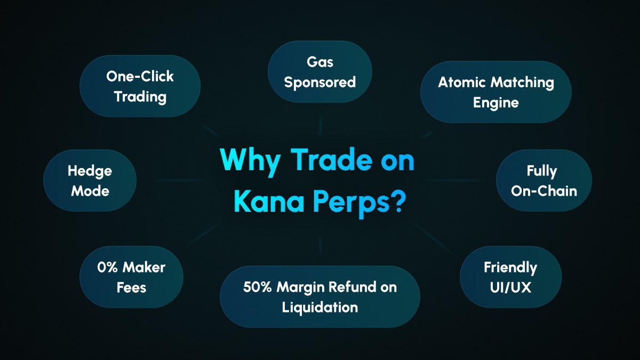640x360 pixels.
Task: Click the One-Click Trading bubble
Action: pyautogui.click(x=140, y=86)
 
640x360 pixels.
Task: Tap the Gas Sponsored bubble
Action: pyautogui.click(x=319, y=72)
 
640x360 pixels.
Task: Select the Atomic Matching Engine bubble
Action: pyautogui.click(x=495, y=92)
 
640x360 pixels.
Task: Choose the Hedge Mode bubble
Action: pyautogui.click(x=90, y=180)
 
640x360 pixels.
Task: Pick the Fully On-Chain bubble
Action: pyautogui.click(x=543, y=180)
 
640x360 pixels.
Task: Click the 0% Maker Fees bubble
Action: pyautogui.click(x=131, y=277)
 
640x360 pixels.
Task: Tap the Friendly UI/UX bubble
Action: pyautogui.click(x=510, y=277)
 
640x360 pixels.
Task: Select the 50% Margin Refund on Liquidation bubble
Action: pyautogui.click(x=319, y=297)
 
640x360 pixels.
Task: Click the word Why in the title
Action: pyautogui.click(x=250, y=161)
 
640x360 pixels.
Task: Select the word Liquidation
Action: pyautogui.click(x=319, y=307)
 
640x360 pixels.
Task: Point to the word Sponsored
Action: pyautogui.click(x=319, y=82)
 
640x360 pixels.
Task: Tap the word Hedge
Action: pyautogui.click(x=90, y=171)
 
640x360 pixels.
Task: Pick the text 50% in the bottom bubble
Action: pyautogui.click(x=257, y=287)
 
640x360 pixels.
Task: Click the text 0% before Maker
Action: pyautogui.click(x=107, y=267)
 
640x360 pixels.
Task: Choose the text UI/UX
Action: pyautogui.click(x=510, y=287)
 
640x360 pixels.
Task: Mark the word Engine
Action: pyautogui.click(x=495, y=102)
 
